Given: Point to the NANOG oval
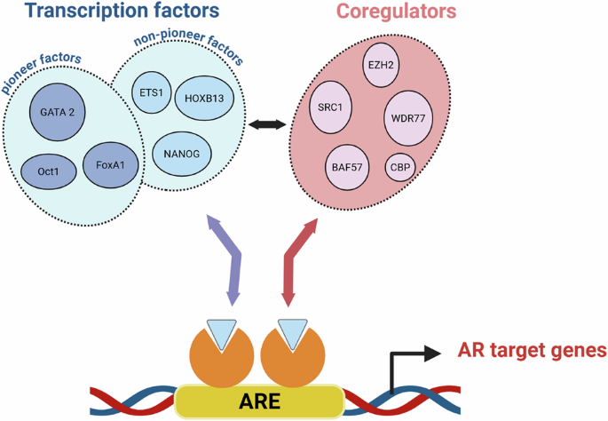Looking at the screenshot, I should [183, 152].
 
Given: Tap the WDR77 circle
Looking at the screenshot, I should [413, 117].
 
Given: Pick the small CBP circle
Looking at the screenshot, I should [399, 166].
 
